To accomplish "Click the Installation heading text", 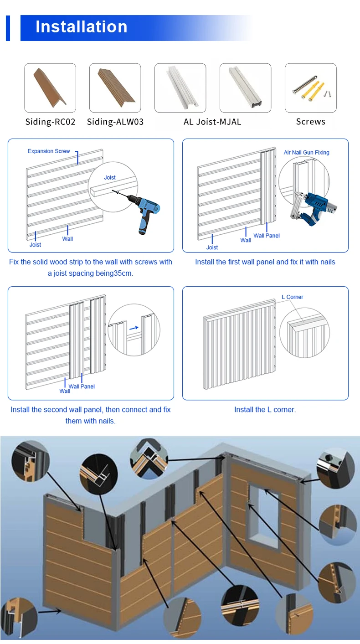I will [x=82, y=27].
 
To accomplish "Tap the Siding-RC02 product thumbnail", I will [x=50, y=88].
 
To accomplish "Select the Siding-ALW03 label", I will [x=115, y=122].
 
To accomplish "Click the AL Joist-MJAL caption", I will [x=212, y=122].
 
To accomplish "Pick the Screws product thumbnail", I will [x=311, y=88].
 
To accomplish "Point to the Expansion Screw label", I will [x=49, y=151].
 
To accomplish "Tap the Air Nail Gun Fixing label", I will [x=306, y=152].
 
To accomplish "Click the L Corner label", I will [x=292, y=297].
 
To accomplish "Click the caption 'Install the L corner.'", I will [x=265, y=410].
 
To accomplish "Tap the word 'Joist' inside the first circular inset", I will [x=110, y=177].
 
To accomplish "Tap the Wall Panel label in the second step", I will [x=267, y=236].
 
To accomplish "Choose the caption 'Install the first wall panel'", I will [x=265, y=262].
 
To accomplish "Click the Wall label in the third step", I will [x=65, y=391].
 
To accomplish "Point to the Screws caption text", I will [x=311, y=122].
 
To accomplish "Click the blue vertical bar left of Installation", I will [x=8, y=27].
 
